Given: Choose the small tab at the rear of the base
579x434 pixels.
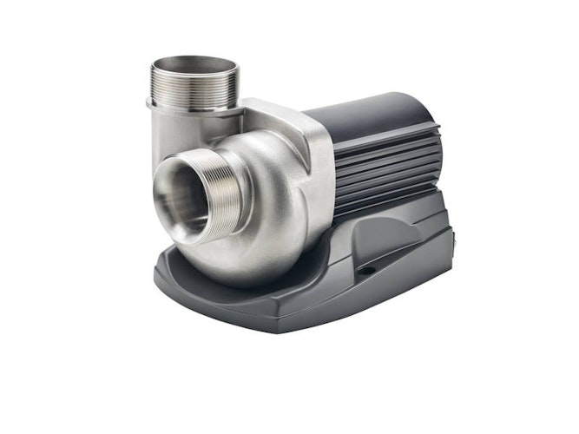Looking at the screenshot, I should click(450, 238).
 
